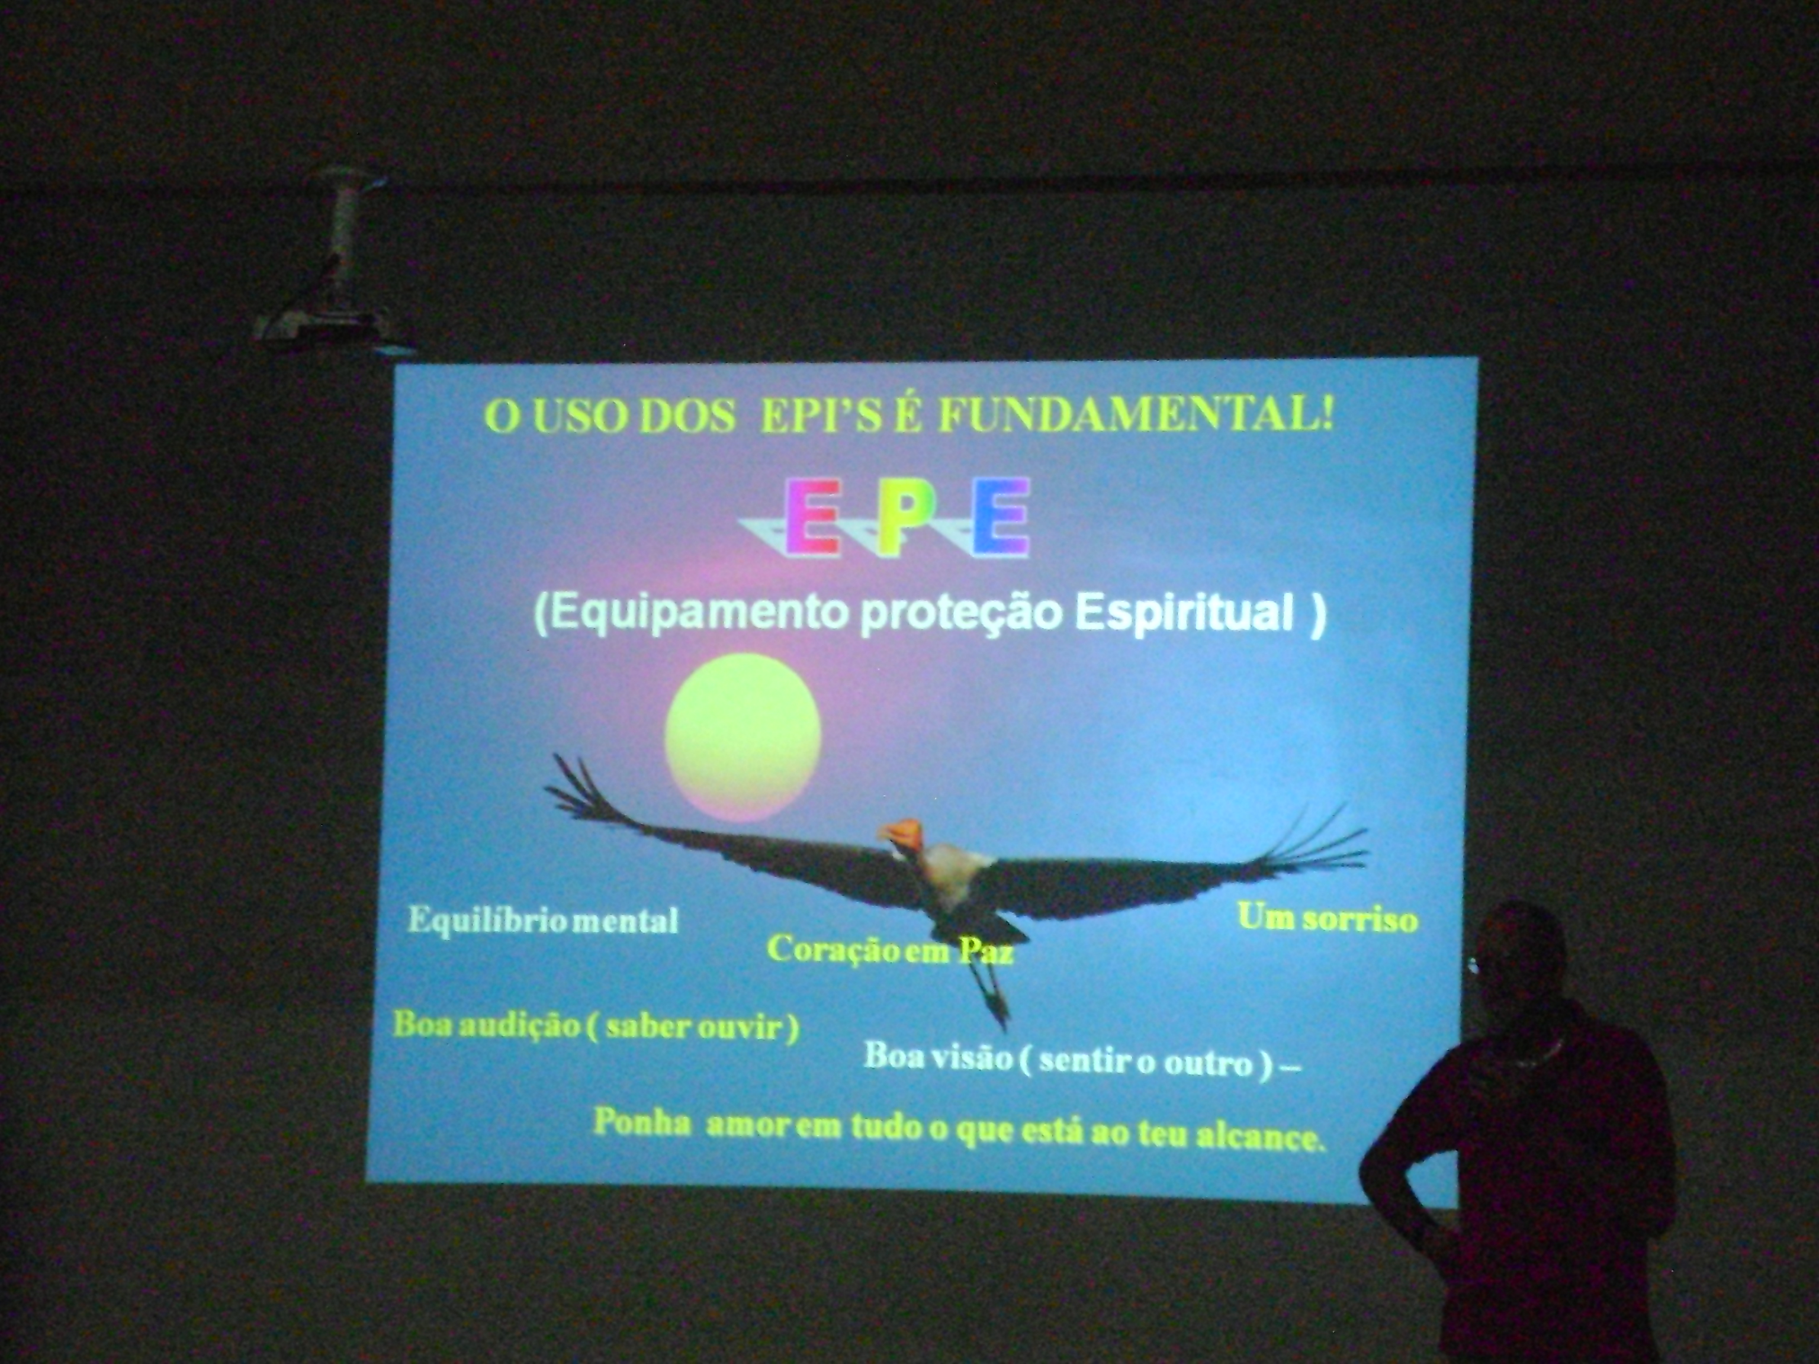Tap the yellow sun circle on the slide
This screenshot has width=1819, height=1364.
[743, 736]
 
